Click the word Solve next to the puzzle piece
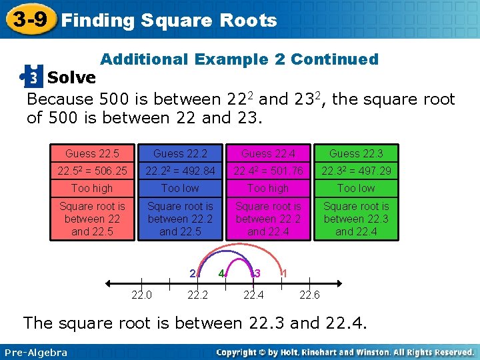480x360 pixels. pos(71,78)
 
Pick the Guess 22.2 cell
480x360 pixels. pos(180,154)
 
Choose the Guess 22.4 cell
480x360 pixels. pos(268,154)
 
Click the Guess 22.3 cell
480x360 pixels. pos(356,154)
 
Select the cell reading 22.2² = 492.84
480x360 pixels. pos(180,171)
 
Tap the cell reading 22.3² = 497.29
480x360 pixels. pos(356,171)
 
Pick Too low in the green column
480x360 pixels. pos(356,189)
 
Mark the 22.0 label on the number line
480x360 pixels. pos(141,295)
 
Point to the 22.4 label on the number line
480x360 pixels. pos(253,295)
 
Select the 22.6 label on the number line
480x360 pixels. pos(309,295)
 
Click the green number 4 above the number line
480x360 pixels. pos(223,273)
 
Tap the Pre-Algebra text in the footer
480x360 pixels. pos(36,352)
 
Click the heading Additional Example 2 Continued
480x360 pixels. pos(239,59)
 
